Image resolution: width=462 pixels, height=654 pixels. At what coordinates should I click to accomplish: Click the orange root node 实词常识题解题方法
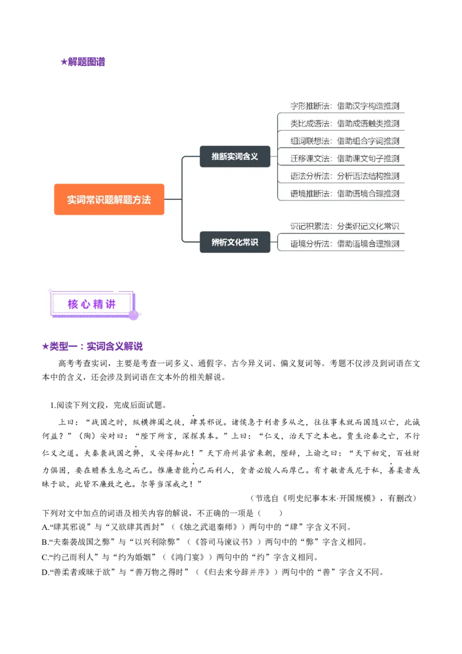pyautogui.click(x=109, y=199)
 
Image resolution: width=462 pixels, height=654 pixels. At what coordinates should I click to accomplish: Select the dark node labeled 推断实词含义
pyautogui.click(x=234, y=157)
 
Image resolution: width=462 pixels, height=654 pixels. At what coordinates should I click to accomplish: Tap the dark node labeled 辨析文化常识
pyautogui.click(x=234, y=242)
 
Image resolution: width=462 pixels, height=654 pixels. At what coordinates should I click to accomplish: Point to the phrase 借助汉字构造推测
pyautogui.click(x=368, y=106)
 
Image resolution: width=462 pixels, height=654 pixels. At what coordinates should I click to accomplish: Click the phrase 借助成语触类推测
pyautogui.click(x=368, y=124)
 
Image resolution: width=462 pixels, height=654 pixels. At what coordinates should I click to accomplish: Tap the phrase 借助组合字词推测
pyautogui.click(x=368, y=141)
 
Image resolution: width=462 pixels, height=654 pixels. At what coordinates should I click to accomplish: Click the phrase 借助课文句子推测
pyautogui.click(x=368, y=158)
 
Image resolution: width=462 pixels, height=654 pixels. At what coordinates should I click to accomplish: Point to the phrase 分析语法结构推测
pyautogui.click(x=368, y=176)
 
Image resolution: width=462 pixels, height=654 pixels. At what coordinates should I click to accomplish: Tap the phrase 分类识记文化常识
pyautogui.click(x=368, y=226)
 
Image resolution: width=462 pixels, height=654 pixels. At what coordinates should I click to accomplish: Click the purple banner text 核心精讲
pyautogui.click(x=91, y=304)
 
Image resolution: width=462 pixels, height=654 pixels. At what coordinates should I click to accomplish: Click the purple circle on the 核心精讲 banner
pyautogui.click(x=134, y=315)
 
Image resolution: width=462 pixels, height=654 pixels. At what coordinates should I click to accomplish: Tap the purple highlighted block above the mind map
pyautogui.click(x=83, y=62)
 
